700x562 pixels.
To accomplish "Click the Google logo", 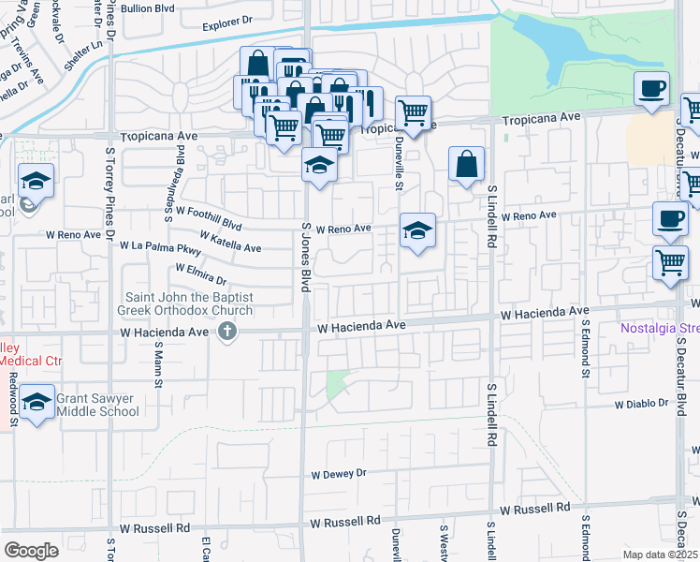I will coord(31,551).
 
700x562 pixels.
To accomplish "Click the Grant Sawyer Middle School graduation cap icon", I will coord(36,403).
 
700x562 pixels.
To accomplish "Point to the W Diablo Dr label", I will coord(645,404).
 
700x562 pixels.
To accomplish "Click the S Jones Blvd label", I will coord(304,257).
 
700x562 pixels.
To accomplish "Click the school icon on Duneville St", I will coord(417,229).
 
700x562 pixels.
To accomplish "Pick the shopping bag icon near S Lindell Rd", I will coord(466,165).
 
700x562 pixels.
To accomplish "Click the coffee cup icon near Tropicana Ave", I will coord(651,88).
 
